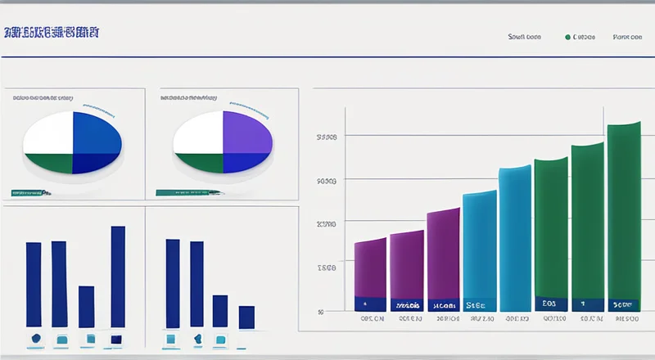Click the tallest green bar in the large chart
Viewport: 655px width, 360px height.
tap(624, 213)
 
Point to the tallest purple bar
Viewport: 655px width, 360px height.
tap(443, 254)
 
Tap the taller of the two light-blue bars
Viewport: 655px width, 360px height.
tap(515, 237)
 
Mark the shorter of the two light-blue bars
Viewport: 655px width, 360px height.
tap(479, 245)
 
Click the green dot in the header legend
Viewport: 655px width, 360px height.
tap(567, 37)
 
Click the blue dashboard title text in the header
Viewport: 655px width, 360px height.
tap(52, 34)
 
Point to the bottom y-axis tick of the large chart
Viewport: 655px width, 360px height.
tap(320, 311)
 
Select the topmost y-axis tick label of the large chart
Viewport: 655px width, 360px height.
tap(326, 137)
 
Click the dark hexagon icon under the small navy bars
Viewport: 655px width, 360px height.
tap(35, 338)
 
